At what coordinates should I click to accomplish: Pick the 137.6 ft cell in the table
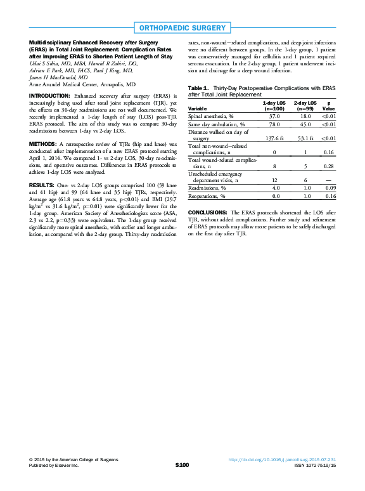point(274,138)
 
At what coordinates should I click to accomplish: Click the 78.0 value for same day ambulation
point(274,124)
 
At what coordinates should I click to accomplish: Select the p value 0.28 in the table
point(328,166)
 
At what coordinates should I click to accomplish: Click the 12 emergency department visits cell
point(274,180)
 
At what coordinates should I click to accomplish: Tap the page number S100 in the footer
point(182,465)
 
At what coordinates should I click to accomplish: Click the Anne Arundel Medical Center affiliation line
point(82,84)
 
